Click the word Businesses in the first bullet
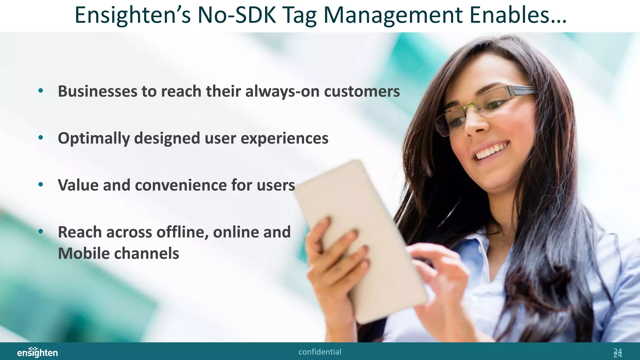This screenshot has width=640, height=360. (97, 91)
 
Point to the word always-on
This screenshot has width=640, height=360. (282, 91)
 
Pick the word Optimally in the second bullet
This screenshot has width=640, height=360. (93, 138)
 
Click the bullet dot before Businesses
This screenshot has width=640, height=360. (41, 91)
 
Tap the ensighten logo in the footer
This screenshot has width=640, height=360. (37, 352)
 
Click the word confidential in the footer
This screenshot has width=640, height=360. (320, 352)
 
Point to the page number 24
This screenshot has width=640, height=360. (617, 352)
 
